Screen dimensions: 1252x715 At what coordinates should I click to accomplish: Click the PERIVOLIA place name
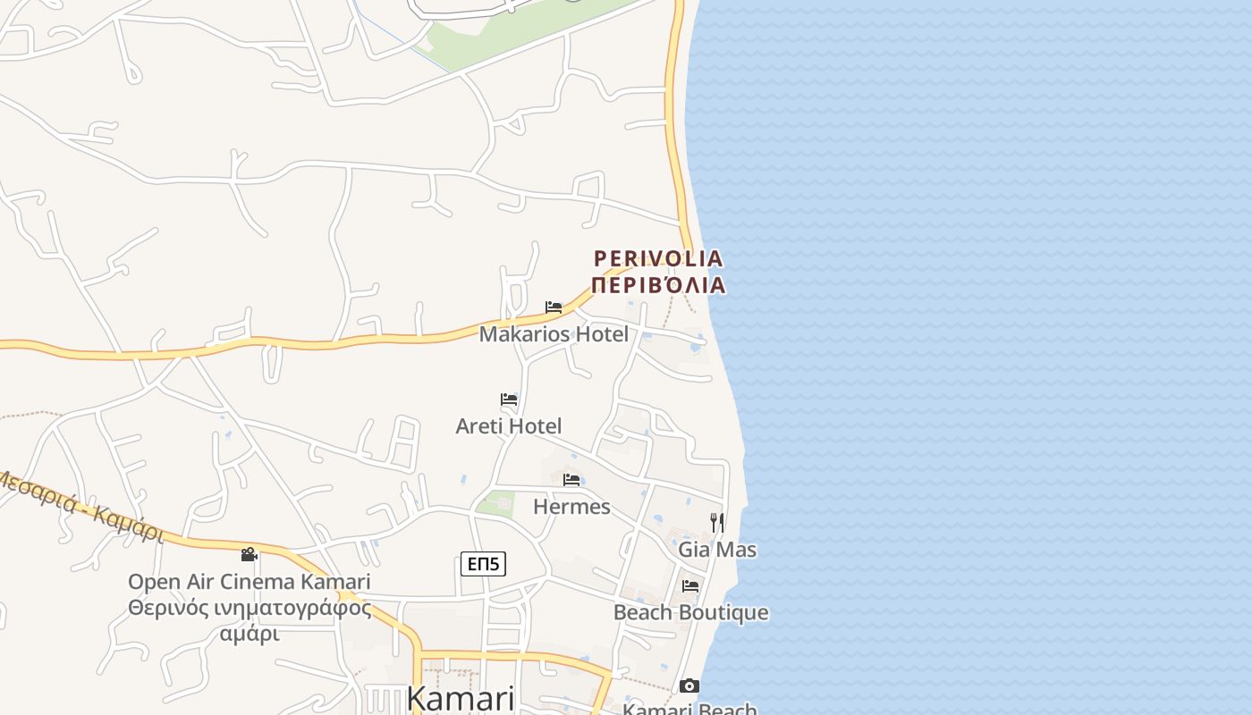click(x=658, y=259)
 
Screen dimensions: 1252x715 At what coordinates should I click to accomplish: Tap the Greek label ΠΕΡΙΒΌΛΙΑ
click(x=658, y=285)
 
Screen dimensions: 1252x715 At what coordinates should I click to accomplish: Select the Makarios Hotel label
click(x=554, y=334)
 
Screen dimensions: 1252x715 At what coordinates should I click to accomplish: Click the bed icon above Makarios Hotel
click(x=554, y=307)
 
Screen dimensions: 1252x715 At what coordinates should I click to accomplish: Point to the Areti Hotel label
click(x=509, y=426)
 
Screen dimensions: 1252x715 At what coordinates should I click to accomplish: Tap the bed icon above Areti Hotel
click(x=509, y=399)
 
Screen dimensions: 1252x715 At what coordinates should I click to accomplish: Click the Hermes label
click(x=571, y=507)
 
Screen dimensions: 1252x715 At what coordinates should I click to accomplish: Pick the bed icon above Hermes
click(x=571, y=480)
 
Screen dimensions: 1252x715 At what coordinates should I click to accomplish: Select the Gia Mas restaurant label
click(x=717, y=550)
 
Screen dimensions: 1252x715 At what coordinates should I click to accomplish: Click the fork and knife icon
click(x=717, y=522)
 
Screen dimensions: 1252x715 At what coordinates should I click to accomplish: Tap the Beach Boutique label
click(x=690, y=613)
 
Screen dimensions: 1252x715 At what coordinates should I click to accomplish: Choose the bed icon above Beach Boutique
click(x=690, y=586)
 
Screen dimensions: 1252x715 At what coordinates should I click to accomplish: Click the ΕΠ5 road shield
click(x=483, y=564)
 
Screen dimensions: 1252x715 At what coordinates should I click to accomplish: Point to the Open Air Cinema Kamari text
click(x=249, y=582)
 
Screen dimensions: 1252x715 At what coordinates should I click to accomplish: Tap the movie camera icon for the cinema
click(x=249, y=555)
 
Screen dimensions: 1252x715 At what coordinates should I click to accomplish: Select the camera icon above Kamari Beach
click(x=689, y=686)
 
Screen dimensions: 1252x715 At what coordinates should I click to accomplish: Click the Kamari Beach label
click(x=689, y=709)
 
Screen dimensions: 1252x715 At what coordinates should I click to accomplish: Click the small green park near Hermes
click(x=495, y=503)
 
